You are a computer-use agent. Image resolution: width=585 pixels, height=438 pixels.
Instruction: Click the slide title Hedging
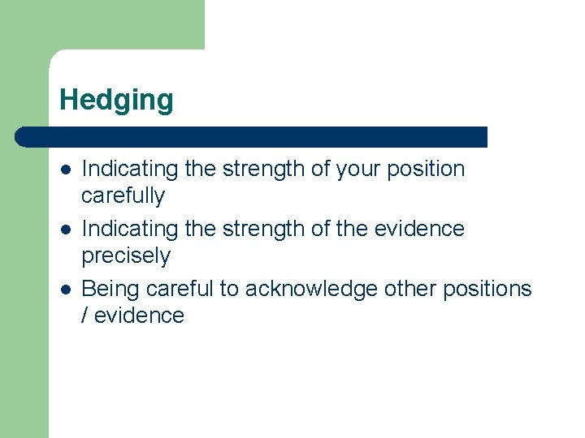[x=116, y=100]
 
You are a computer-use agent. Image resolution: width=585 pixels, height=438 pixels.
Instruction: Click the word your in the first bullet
[x=358, y=170]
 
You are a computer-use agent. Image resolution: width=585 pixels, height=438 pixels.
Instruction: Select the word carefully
[x=123, y=196]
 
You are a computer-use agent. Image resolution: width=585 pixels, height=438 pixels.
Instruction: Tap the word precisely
[x=126, y=256]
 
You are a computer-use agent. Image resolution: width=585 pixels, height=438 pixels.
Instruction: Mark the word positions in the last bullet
[x=487, y=290]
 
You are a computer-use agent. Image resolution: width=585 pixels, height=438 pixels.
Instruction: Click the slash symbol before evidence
[x=85, y=316]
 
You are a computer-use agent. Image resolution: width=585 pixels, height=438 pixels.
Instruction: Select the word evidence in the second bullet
[x=419, y=230]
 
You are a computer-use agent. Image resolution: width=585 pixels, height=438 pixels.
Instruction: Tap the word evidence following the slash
[x=140, y=316]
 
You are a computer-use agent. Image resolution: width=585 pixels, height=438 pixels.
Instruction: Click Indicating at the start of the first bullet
[x=130, y=170]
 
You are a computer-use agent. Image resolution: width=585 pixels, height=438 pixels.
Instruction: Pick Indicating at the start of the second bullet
[x=130, y=230]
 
